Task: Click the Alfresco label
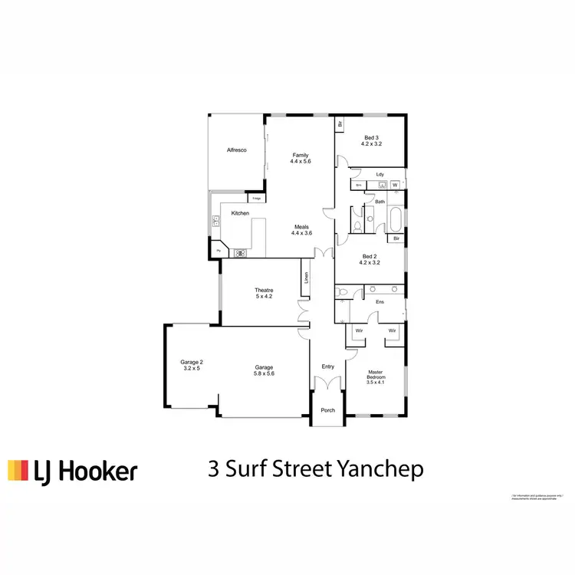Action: [235, 151]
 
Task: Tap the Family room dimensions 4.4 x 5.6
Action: [300, 163]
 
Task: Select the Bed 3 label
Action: [371, 136]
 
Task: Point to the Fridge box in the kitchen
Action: [257, 199]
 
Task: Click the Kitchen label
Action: [241, 213]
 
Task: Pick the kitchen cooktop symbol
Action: [240, 251]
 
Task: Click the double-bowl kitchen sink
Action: [216, 222]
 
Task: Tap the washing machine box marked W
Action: [395, 186]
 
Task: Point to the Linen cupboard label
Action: [306, 278]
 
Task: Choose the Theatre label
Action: [264, 290]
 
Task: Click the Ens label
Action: [379, 302]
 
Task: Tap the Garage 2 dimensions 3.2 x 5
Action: [191, 369]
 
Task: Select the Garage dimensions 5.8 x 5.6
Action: [264, 374]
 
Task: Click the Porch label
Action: [327, 410]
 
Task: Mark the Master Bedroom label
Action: [375, 376]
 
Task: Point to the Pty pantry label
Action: [219, 251]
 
